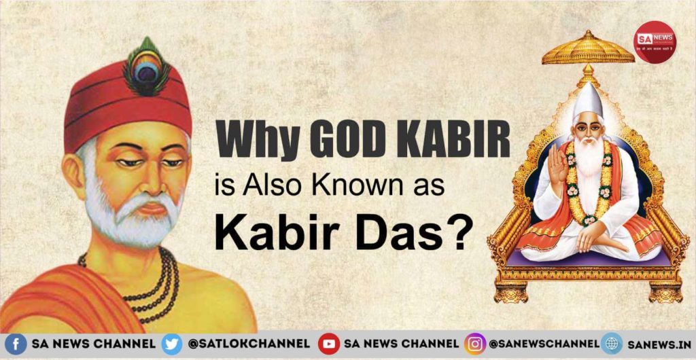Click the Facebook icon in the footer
click(x=15, y=344)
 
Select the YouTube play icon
click(x=329, y=344)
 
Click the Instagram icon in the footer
click(x=474, y=344)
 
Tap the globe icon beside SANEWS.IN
click(x=612, y=344)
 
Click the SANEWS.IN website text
click(x=658, y=344)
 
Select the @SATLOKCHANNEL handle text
click(x=248, y=344)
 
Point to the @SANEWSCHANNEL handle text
click(x=544, y=344)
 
